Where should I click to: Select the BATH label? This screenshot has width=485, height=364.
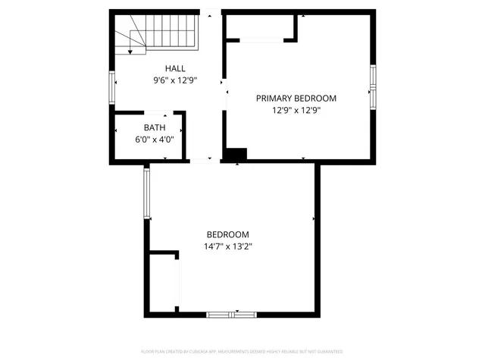tap(155, 127)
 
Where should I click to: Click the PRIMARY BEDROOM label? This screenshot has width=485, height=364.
tap(296, 99)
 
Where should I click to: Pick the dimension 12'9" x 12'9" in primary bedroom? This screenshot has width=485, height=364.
tap(296, 109)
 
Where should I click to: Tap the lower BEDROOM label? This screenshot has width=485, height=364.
tap(227, 235)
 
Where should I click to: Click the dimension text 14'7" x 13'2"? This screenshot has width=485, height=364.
tap(227, 246)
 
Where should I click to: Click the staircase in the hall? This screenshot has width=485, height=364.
tap(156, 35)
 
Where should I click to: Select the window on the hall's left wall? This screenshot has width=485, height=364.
tap(112, 87)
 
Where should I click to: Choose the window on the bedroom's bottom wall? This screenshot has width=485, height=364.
tap(232, 314)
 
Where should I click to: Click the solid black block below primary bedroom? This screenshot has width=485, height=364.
tap(236, 153)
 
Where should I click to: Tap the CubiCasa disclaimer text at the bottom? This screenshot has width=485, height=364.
tap(242, 352)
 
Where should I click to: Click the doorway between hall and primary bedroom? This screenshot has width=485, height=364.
tap(223, 99)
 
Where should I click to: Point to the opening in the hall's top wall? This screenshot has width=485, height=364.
tap(211, 12)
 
